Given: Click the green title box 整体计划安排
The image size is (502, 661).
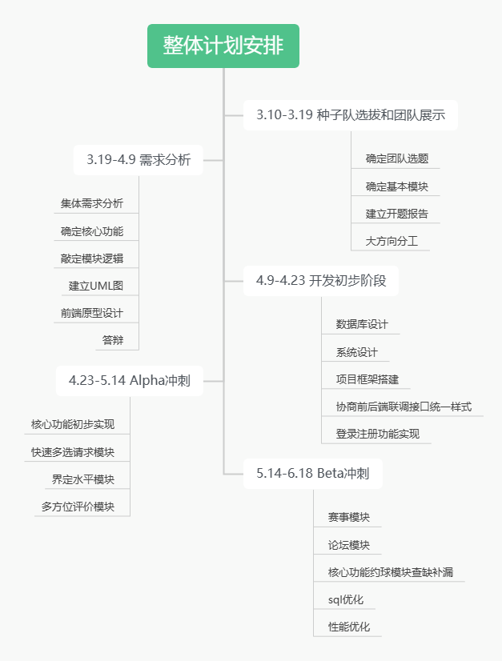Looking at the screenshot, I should (x=223, y=46).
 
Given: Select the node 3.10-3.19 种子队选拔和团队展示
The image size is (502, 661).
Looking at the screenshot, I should (x=351, y=115).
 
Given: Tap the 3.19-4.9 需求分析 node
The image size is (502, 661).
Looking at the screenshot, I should (x=138, y=159).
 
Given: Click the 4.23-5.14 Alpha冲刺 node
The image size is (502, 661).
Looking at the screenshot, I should (x=129, y=380).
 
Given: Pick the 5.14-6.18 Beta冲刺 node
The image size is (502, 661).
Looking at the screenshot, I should (x=312, y=473).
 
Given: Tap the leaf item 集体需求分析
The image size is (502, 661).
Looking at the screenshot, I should (x=92, y=203).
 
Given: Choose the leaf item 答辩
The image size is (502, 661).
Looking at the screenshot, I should (x=113, y=340).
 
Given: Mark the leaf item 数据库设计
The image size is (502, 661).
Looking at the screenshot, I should (x=361, y=324).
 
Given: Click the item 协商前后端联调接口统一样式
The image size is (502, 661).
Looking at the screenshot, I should (x=404, y=407).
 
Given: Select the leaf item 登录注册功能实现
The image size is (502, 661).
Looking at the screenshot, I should (x=377, y=434).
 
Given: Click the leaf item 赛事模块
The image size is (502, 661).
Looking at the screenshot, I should (x=348, y=517).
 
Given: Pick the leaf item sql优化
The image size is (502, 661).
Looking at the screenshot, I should (x=346, y=599).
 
